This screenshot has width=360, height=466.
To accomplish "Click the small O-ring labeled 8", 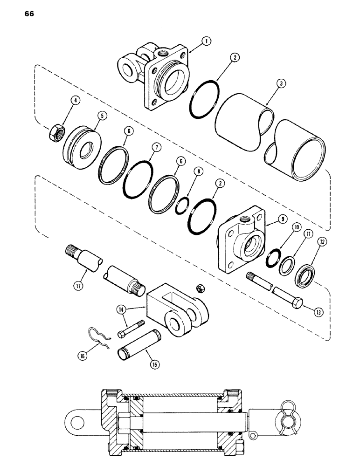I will [180, 206].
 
